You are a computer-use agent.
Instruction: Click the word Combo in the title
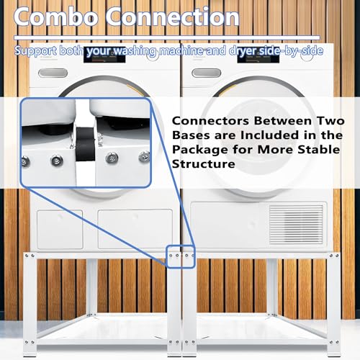pos(56,17)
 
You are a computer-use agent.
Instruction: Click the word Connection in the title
pos(172,17)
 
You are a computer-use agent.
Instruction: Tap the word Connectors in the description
pos(210,121)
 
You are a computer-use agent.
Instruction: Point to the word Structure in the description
pos(204,164)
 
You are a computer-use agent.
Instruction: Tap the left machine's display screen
pos(104,55)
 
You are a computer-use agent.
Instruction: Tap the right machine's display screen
pos(258,55)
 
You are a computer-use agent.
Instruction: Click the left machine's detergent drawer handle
pos(53,73)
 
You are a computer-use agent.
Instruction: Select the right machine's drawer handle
pos(207,73)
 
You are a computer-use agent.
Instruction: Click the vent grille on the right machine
pos(297,225)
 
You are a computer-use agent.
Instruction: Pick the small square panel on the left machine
pos(60,230)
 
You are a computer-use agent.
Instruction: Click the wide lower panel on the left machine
pos(135,229)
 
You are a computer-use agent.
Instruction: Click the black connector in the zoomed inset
pos(85,145)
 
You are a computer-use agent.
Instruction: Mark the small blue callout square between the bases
pos(181,257)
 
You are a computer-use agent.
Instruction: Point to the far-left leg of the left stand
pos(30,304)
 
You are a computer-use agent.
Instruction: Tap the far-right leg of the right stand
pos(334,304)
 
